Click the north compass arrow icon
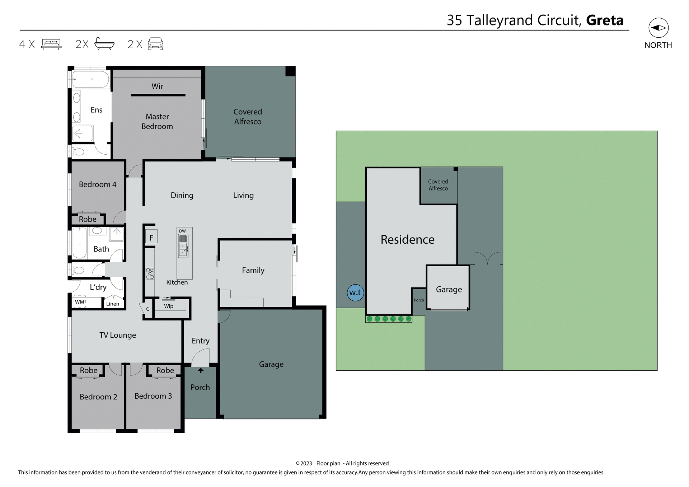[658, 28]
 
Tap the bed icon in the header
[51, 44]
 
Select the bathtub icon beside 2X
[104, 44]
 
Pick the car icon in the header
[155, 44]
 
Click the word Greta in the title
[605, 20]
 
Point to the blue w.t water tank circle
[355, 292]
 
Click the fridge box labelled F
[151, 237]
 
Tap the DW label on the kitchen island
[182, 231]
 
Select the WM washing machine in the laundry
[80, 302]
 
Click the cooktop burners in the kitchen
[150, 273]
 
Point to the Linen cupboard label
[113, 304]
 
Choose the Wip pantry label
[169, 306]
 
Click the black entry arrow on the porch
[201, 370]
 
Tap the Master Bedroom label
[157, 121]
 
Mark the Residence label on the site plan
[407, 239]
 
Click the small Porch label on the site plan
[419, 300]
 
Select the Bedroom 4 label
[98, 184]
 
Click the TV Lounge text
[118, 335]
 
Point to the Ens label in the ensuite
[97, 110]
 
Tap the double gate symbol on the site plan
[488, 258]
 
